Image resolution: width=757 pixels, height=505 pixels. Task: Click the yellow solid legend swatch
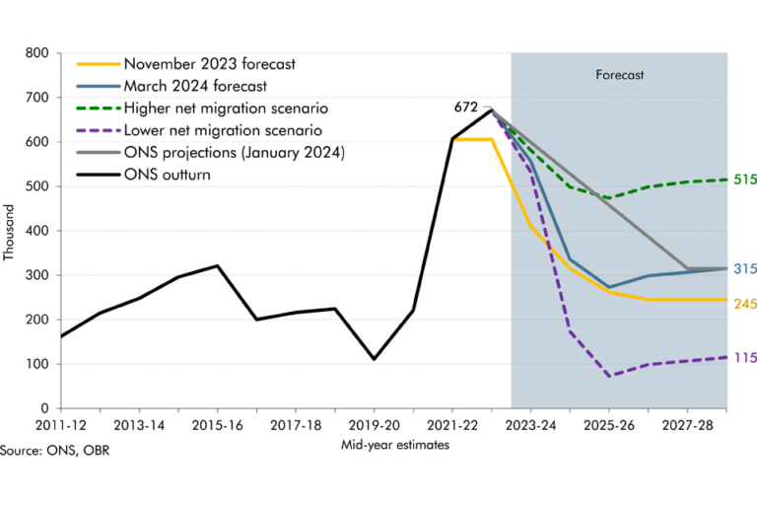(99, 64)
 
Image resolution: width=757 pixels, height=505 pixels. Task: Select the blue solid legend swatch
(99, 87)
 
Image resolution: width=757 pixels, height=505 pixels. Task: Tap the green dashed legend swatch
(99, 108)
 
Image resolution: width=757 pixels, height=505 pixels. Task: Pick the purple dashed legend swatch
(99, 130)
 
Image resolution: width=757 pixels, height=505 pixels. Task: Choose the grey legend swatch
(99, 152)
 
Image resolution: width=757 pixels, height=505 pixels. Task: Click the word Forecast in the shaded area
(619, 75)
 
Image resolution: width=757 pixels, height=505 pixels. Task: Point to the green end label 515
(744, 180)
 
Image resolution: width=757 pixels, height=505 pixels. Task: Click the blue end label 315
(744, 269)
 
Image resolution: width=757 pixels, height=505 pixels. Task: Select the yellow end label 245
(744, 304)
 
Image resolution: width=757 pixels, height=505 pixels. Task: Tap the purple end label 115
(744, 358)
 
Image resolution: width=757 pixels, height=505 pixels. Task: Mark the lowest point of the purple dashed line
(609, 376)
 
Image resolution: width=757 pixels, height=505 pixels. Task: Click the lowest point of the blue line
(609, 288)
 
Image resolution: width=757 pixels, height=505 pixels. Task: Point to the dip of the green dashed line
(609, 197)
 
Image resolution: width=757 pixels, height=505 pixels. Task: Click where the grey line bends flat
(688, 268)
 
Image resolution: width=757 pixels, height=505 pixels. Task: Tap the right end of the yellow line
(727, 299)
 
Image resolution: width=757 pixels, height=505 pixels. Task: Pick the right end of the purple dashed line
(727, 357)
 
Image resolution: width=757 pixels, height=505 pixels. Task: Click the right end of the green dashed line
(727, 180)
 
